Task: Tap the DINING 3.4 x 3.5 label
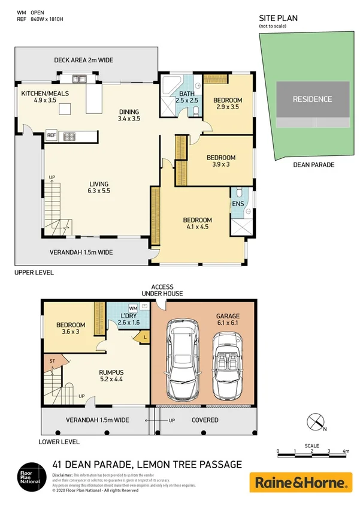(129, 115)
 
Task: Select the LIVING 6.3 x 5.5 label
(99, 186)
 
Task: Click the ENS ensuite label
(238, 204)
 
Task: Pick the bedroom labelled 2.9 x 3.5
(227, 103)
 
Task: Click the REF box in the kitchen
(52, 136)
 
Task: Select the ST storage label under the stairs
(53, 360)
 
